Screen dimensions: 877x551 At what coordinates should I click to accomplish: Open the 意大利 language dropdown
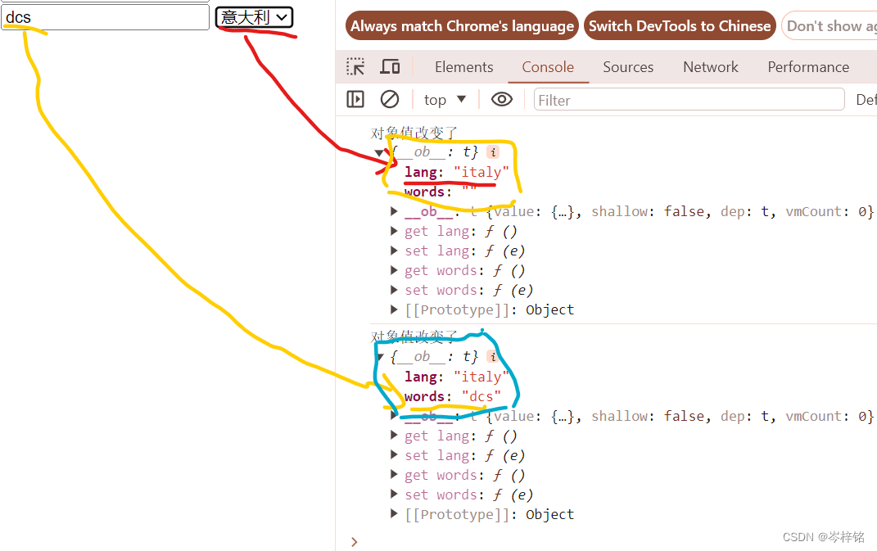click(254, 17)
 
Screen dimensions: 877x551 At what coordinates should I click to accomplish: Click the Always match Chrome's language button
click(462, 26)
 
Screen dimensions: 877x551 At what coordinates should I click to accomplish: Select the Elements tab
click(463, 67)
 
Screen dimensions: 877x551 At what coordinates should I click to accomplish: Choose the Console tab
click(548, 67)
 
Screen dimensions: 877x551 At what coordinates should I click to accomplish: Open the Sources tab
click(628, 67)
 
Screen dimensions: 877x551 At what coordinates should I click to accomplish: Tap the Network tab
click(711, 67)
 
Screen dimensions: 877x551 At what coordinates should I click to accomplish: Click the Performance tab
click(808, 67)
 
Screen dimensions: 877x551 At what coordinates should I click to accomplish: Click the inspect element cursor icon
click(355, 67)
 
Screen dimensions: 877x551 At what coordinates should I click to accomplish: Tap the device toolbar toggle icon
click(391, 67)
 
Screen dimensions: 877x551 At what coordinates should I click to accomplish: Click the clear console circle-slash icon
click(390, 99)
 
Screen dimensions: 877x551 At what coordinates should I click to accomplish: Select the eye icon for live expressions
click(502, 99)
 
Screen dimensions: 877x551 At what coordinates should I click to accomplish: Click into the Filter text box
click(688, 100)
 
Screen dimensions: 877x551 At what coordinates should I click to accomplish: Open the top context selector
click(445, 100)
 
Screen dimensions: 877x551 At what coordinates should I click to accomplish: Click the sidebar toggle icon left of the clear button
click(355, 99)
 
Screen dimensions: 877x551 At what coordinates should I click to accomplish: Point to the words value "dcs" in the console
click(481, 396)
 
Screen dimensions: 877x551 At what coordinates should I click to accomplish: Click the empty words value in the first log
click(469, 192)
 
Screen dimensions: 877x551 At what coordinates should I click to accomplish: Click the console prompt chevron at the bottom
click(354, 541)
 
